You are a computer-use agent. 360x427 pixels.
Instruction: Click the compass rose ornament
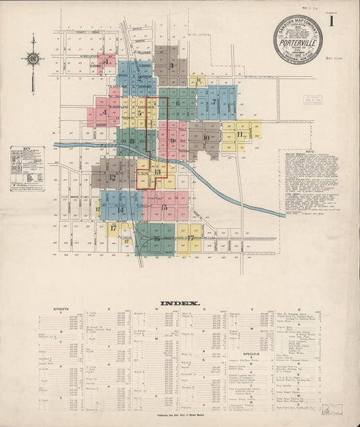tap(32, 59)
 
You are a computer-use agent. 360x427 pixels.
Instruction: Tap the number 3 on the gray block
tap(172, 66)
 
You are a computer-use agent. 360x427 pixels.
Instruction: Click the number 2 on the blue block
tap(139, 78)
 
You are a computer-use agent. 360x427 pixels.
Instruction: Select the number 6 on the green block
tap(178, 103)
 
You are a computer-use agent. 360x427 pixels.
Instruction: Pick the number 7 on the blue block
tap(214, 103)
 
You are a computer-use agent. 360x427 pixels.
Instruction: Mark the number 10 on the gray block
tap(206, 137)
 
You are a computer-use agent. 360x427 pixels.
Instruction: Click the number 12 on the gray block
tap(112, 178)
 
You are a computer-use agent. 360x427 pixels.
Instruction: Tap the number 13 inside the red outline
tap(157, 172)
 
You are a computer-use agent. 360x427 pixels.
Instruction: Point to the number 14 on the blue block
tap(120, 209)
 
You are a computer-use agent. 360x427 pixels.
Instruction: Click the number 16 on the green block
tap(156, 238)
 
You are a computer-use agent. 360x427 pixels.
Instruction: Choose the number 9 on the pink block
tap(173, 141)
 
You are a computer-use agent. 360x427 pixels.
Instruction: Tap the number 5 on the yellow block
tap(140, 114)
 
